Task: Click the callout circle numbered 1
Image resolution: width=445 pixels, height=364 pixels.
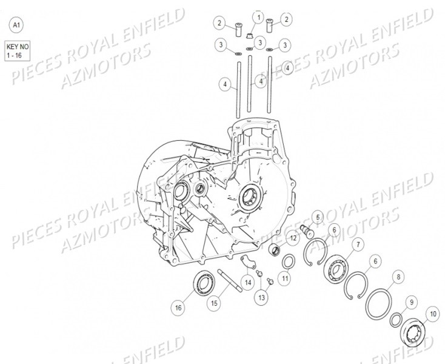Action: tap(259, 19)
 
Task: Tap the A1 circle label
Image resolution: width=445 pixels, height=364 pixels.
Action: tap(16, 25)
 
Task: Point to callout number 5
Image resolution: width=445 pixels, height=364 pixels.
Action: tap(319, 217)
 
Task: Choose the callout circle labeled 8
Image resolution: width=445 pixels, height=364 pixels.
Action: tap(398, 277)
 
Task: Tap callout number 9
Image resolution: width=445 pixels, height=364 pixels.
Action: tap(411, 302)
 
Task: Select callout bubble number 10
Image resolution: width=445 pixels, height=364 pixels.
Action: tap(432, 314)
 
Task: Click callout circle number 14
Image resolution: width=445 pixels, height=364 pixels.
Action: tap(248, 281)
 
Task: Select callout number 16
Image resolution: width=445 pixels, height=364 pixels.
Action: tap(178, 308)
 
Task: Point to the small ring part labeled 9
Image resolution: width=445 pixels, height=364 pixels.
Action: tap(395, 318)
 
